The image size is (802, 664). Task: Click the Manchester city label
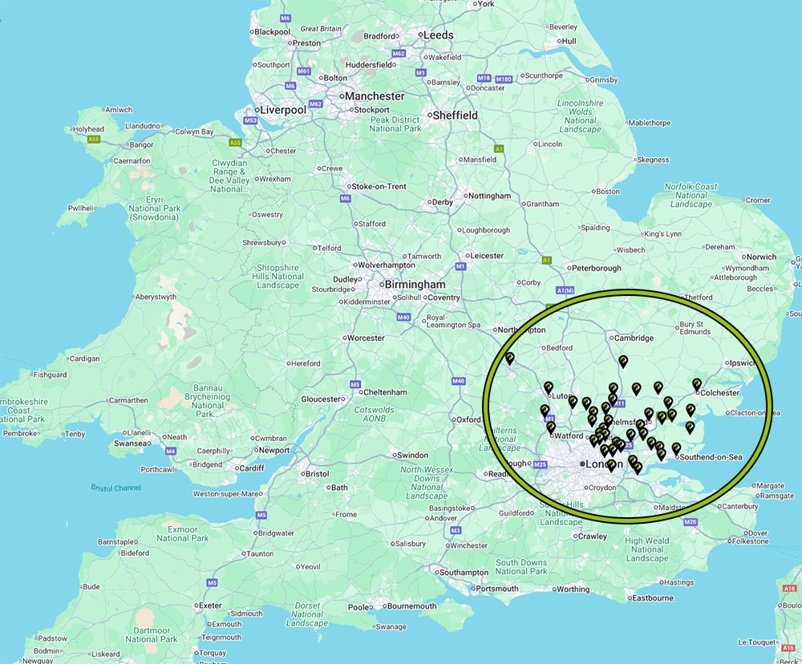(x=375, y=96)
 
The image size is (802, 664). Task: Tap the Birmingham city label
(x=415, y=285)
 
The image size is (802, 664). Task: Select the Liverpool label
(x=280, y=110)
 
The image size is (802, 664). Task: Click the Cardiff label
(x=251, y=469)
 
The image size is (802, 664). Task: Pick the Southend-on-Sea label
(x=711, y=457)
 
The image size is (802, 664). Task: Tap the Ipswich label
(x=743, y=363)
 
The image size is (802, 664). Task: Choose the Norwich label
(x=761, y=257)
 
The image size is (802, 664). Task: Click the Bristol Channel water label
(x=115, y=488)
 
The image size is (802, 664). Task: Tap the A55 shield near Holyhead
(x=94, y=139)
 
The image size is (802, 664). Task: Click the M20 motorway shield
(x=691, y=523)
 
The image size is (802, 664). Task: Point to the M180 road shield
(x=503, y=79)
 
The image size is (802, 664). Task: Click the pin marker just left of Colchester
(x=696, y=385)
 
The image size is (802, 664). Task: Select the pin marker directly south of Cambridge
(x=623, y=361)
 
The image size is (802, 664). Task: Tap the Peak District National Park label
(x=395, y=123)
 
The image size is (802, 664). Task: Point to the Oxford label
(x=468, y=419)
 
